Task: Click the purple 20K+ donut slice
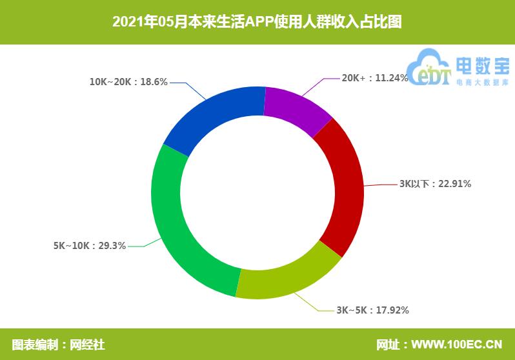tap(295, 108)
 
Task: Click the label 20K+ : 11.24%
tap(374, 78)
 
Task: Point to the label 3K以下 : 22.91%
tap(435, 184)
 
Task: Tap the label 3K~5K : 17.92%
tap(372, 310)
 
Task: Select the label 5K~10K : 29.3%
tap(90, 246)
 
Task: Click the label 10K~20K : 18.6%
tap(129, 82)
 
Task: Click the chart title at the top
tap(257, 22)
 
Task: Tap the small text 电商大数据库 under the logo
tap(482, 83)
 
